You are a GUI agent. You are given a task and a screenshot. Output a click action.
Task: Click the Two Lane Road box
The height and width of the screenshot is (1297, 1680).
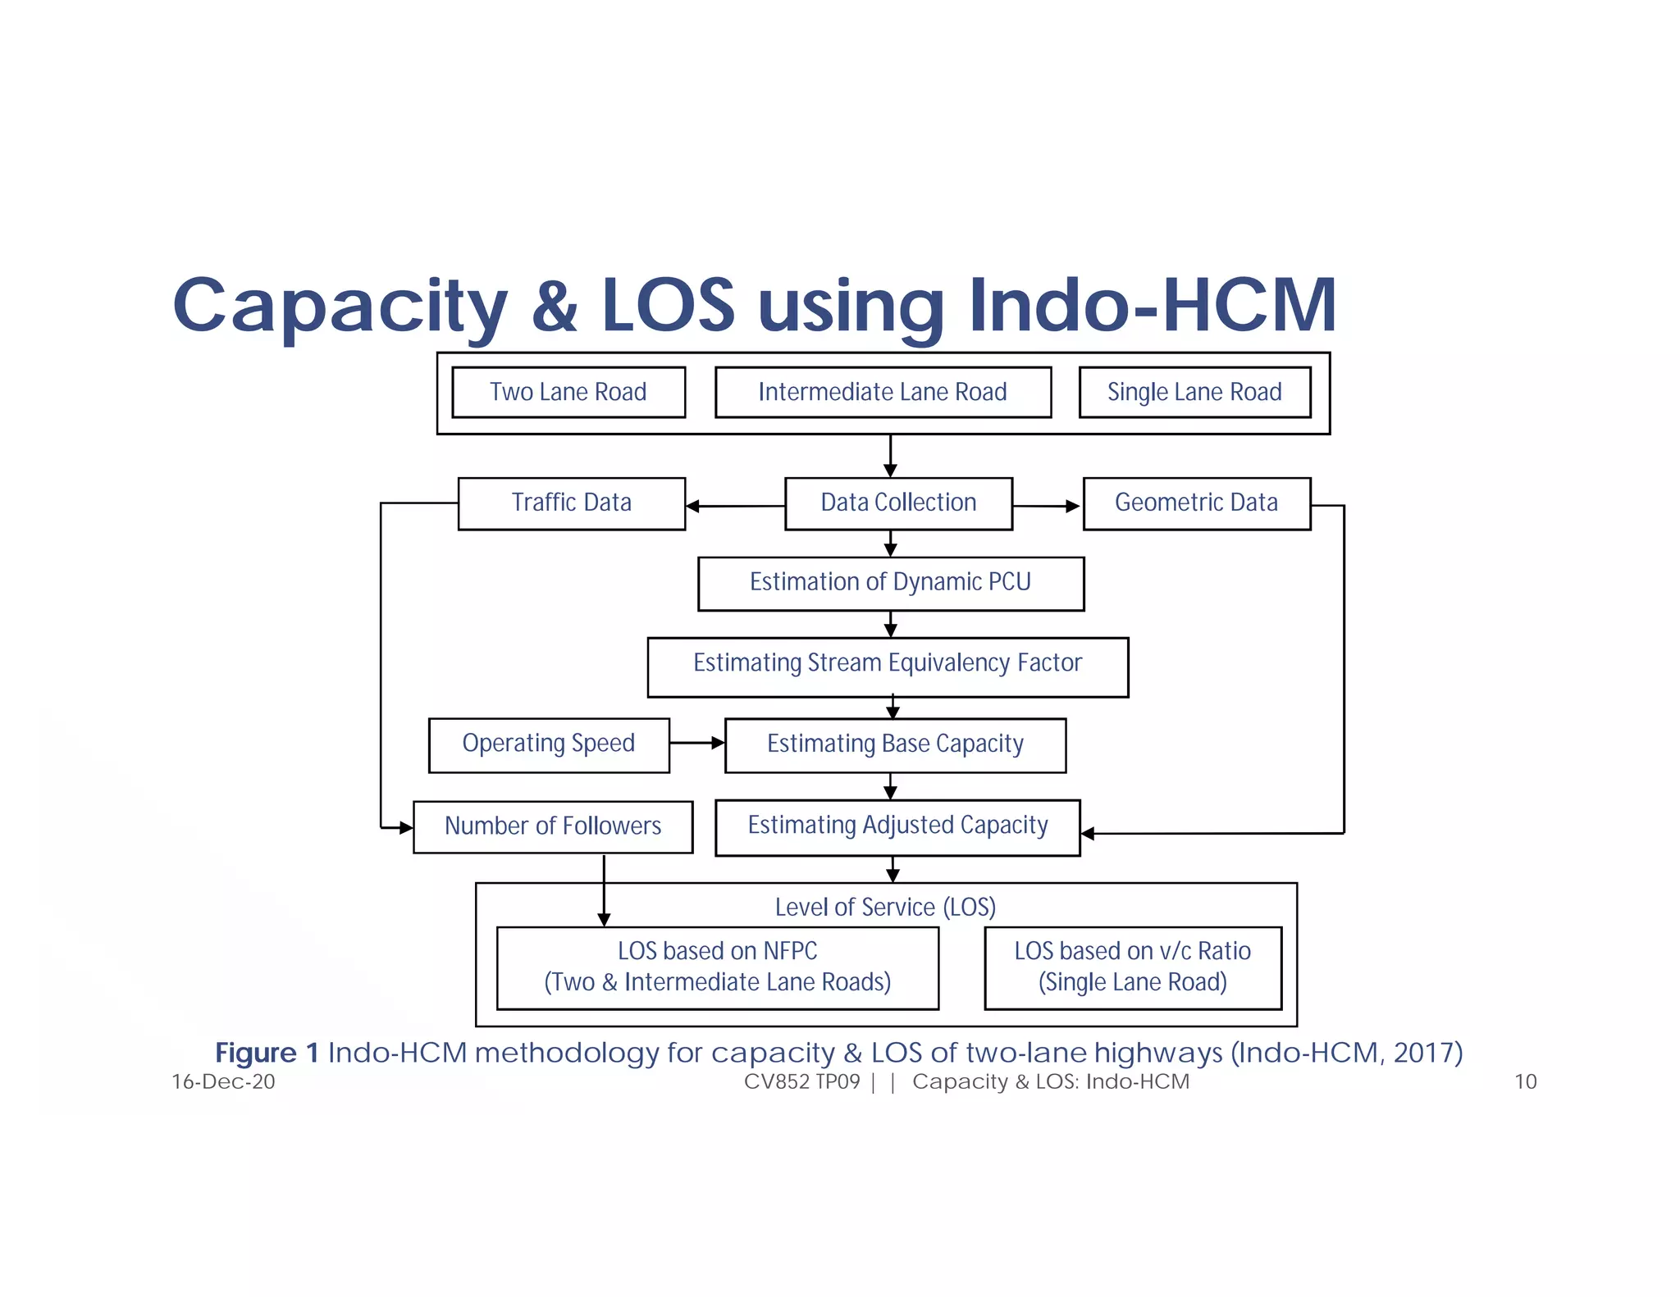point(568,392)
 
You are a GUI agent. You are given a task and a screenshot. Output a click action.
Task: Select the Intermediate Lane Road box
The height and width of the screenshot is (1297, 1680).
point(883,392)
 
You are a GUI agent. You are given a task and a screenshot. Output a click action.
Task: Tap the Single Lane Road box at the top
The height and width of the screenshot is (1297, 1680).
point(1194,392)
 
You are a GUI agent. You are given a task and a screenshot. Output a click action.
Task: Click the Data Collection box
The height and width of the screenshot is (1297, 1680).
point(898,503)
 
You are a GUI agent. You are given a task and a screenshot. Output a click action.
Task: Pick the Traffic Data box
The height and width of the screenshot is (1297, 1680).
point(571,503)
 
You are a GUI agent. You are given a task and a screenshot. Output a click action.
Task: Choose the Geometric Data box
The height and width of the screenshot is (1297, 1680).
point(1196,503)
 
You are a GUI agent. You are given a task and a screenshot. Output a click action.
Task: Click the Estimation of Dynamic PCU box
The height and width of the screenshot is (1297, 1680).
point(890,583)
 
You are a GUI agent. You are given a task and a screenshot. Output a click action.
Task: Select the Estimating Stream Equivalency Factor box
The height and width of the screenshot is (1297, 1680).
point(888,665)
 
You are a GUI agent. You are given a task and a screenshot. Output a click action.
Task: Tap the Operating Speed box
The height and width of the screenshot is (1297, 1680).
point(548,744)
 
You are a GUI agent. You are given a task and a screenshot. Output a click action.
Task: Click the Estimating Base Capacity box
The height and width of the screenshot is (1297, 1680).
point(895,744)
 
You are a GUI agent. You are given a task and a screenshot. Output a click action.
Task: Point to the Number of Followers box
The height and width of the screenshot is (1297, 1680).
point(552,826)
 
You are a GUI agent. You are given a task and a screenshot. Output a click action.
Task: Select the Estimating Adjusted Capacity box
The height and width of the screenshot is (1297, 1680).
point(897,826)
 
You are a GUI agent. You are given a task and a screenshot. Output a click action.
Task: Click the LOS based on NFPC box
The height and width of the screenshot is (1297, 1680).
point(717,967)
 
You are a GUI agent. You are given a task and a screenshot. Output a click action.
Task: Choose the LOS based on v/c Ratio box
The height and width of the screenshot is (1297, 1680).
point(1132,967)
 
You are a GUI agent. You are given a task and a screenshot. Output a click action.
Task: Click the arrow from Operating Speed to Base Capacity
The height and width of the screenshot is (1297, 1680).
point(696,743)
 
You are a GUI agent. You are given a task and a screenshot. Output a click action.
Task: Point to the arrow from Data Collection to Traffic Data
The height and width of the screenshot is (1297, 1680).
point(735,506)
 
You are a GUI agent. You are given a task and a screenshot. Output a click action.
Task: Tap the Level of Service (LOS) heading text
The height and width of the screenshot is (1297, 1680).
point(885,907)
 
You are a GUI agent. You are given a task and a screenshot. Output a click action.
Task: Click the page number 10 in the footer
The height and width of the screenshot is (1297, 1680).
point(1525,1081)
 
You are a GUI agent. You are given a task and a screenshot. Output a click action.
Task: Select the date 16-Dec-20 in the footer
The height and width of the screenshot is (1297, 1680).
point(223,1081)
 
